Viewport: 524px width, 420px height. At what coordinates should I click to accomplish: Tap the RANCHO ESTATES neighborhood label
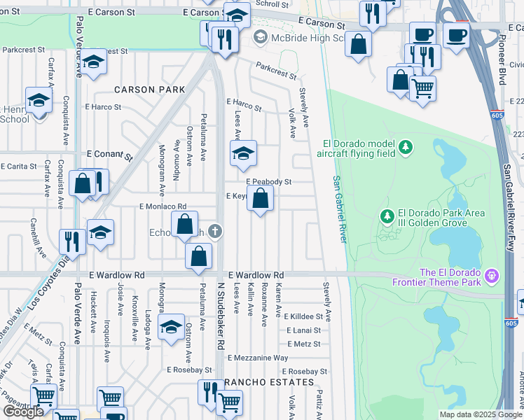click(x=269, y=382)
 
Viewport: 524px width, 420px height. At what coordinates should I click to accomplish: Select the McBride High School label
click(x=299, y=38)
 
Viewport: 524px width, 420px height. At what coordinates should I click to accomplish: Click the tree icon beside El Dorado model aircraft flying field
click(x=406, y=147)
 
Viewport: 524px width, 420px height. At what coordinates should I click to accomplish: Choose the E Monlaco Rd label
click(x=163, y=206)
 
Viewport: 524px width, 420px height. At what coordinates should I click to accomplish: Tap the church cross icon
click(x=217, y=231)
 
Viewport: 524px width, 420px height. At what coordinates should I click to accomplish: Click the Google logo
click(x=24, y=412)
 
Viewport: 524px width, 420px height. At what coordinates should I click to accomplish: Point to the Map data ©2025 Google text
click(x=480, y=414)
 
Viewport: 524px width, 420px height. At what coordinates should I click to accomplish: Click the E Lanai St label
click(x=303, y=330)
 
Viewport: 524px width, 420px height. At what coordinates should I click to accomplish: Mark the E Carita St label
click(x=18, y=167)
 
